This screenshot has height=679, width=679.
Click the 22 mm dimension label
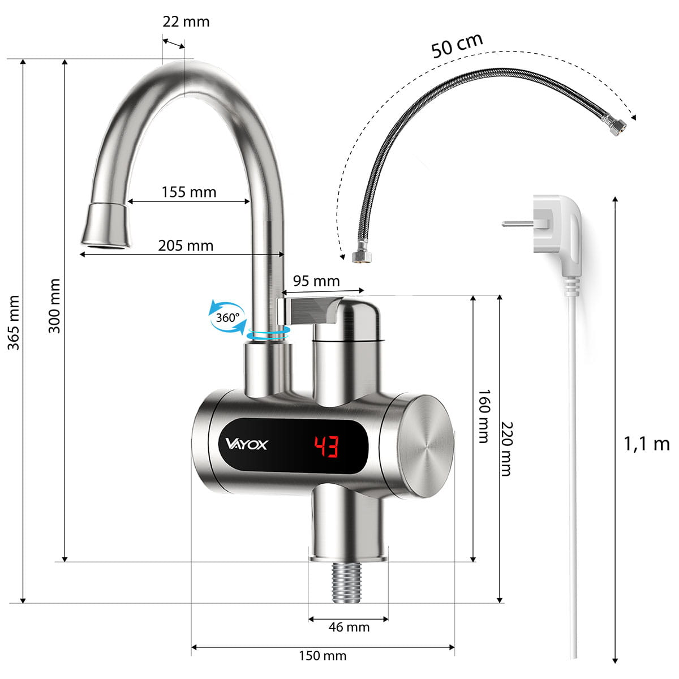point(186,22)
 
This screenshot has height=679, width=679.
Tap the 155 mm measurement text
point(189,192)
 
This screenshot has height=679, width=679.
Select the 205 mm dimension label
point(186,246)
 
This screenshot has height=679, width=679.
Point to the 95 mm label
point(316,281)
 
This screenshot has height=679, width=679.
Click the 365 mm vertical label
point(14,323)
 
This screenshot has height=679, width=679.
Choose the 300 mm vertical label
point(54,306)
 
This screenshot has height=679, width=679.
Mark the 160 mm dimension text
point(484,416)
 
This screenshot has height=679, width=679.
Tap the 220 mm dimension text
point(506,449)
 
